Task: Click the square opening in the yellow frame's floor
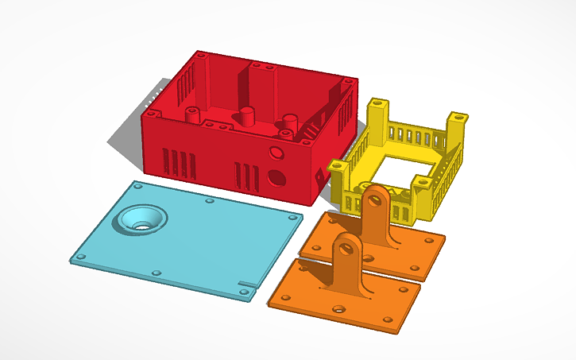point(403,169)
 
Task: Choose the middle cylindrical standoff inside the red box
point(248,116)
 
